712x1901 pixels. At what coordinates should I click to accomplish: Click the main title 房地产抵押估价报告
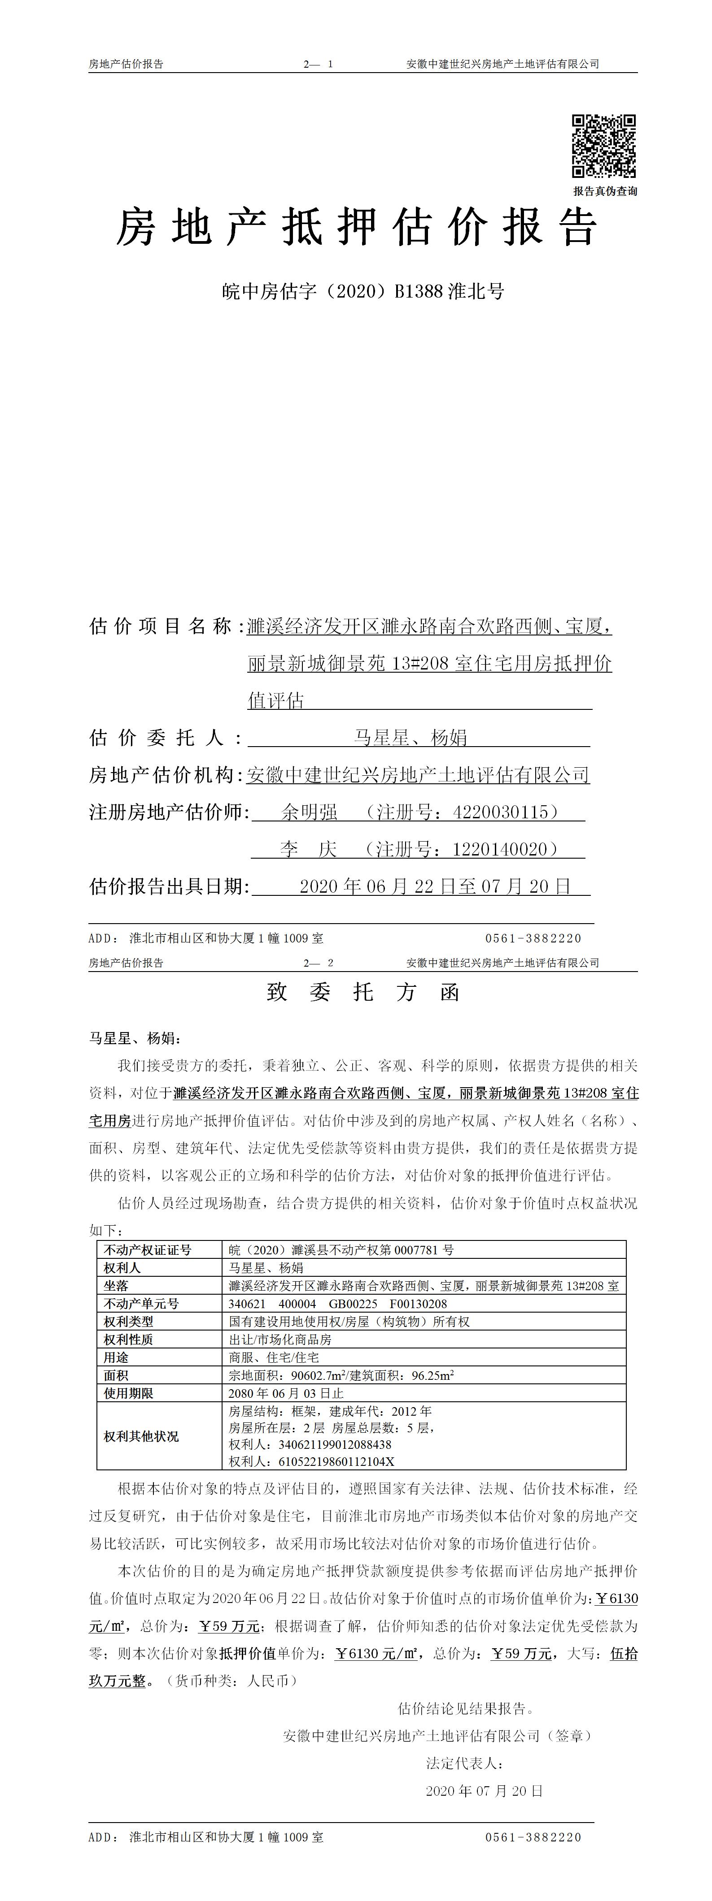click(356, 227)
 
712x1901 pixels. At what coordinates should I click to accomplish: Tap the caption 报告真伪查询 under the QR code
click(605, 191)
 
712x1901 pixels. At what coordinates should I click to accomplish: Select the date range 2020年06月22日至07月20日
click(435, 886)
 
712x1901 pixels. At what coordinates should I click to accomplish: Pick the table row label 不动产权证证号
click(148, 1249)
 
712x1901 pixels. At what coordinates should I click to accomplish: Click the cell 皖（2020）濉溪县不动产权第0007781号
click(341, 1249)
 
